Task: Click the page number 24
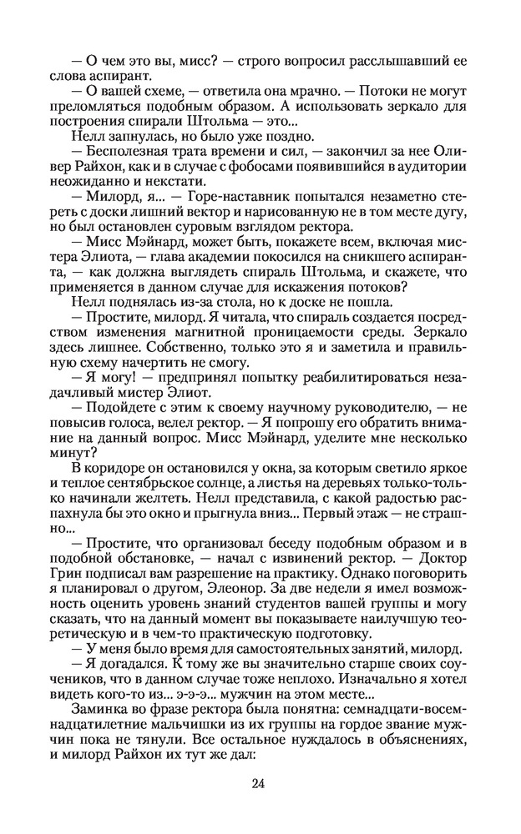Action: point(258,783)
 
